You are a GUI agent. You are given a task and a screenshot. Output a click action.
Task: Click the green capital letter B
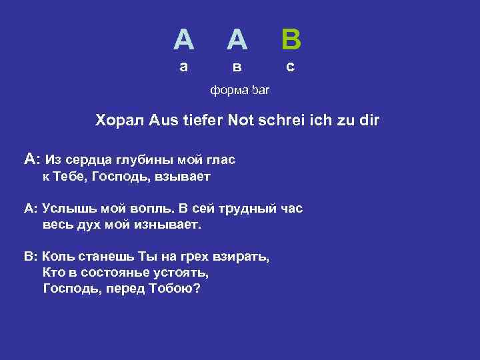click(x=291, y=40)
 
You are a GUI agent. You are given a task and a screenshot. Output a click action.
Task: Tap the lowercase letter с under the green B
click(x=290, y=67)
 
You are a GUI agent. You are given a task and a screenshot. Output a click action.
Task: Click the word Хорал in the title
click(x=119, y=121)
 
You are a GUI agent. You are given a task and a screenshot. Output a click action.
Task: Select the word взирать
click(x=243, y=257)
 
